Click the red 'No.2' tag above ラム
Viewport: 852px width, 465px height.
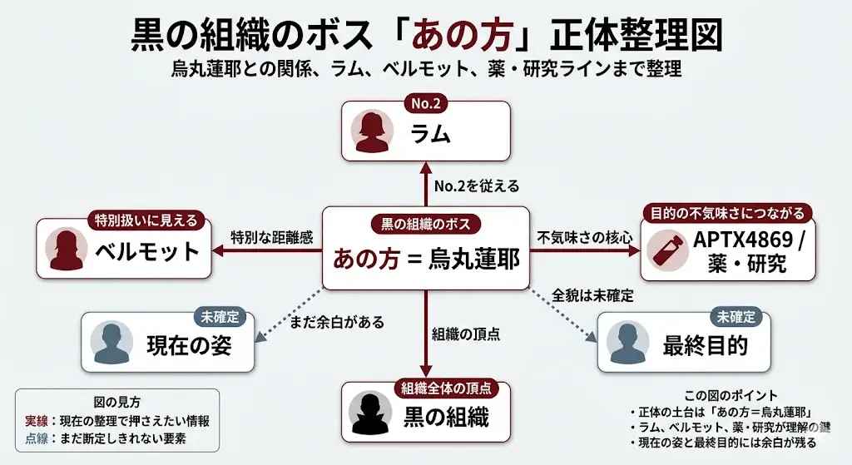click(425, 104)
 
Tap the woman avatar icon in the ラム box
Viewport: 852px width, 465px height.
click(372, 132)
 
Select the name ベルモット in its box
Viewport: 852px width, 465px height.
click(146, 251)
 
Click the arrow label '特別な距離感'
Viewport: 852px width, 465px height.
click(271, 237)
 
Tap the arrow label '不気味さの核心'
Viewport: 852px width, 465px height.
click(584, 237)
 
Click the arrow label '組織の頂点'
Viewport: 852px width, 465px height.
click(466, 334)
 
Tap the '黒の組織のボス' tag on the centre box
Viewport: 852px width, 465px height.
click(425, 224)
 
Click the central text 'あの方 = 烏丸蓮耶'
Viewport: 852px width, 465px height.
click(426, 260)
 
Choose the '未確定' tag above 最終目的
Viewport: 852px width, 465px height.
click(736, 317)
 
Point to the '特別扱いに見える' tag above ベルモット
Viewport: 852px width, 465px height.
click(146, 220)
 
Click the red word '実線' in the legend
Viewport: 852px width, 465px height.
click(37, 421)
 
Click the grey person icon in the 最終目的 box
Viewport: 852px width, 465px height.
click(628, 342)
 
